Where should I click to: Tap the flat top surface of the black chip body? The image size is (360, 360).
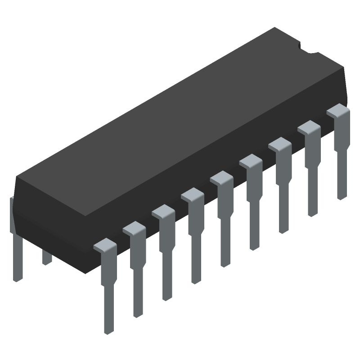(180, 117)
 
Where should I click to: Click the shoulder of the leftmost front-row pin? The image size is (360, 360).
(105, 245)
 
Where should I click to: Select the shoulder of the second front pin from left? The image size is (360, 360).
(134, 229)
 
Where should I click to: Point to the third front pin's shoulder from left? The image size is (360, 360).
(163, 211)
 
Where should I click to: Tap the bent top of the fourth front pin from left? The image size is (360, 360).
(193, 194)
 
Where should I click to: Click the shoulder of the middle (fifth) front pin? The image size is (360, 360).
(221, 178)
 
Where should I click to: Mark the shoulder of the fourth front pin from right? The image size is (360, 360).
(251, 161)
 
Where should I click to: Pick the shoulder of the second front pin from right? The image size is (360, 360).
(309, 128)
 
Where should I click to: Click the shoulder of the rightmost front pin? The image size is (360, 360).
(338, 111)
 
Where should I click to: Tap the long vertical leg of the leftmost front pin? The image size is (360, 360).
(108, 297)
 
